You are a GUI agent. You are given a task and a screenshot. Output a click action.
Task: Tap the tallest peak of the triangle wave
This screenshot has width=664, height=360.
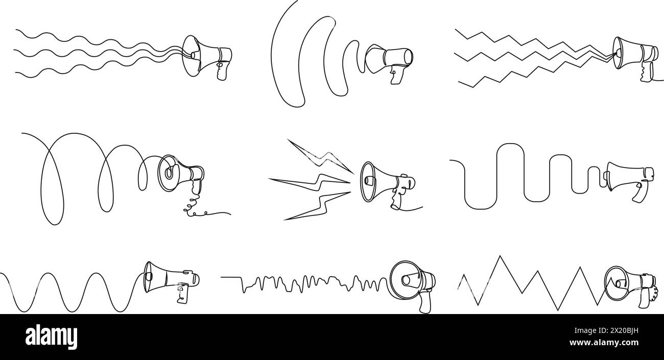tap(500, 256)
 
